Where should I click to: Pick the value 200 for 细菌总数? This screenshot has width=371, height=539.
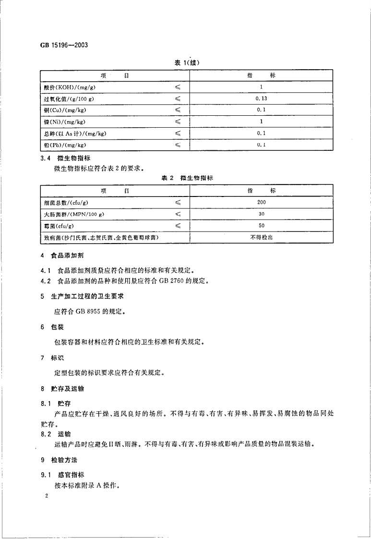coord(261,203)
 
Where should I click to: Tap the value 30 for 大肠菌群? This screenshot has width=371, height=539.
coord(261,214)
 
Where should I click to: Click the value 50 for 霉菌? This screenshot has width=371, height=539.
coord(261,226)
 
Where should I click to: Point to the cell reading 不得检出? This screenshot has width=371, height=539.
coord(261,237)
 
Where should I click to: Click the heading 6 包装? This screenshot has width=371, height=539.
coord(53,327)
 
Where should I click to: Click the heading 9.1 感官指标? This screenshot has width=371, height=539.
coord(62,475)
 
